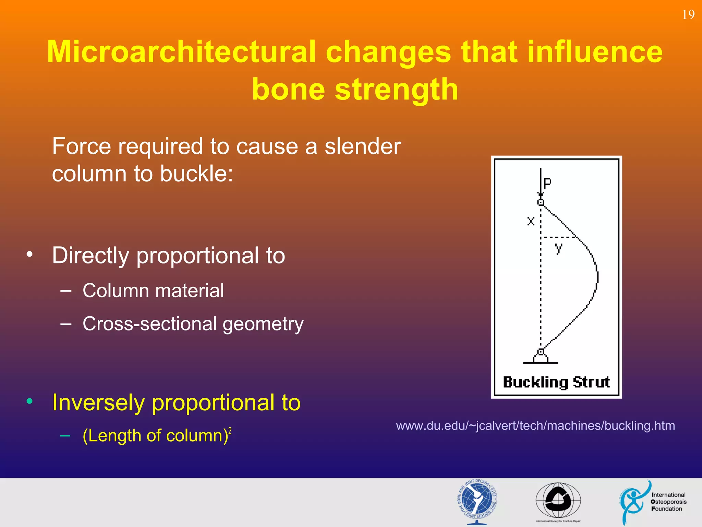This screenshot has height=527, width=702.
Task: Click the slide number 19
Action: (x=688, y=15)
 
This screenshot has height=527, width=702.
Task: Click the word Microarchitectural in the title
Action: (x=181, y=52)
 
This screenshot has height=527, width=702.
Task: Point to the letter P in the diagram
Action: (x=547, y=183)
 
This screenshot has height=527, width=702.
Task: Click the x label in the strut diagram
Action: (x=531, y=221)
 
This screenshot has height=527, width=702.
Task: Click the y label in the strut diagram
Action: (x=558, y=248)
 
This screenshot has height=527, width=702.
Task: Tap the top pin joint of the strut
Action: (x=541, y=202)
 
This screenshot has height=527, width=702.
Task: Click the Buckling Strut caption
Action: (x=556, y=382)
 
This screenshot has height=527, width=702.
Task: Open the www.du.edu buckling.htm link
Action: (x=535, y=426)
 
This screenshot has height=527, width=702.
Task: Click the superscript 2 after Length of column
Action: (x=230, y=431)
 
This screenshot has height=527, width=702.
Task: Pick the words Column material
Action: (x=153, y=291)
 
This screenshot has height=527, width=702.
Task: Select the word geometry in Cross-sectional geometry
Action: (x=263, y=324)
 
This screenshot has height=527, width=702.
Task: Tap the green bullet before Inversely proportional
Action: (x=30, y=401)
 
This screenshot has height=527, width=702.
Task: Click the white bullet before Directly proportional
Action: (x=30, y=254)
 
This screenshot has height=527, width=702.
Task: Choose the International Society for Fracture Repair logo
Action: (x=558, y=501)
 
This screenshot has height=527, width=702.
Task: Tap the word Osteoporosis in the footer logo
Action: (x=668, y=502)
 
